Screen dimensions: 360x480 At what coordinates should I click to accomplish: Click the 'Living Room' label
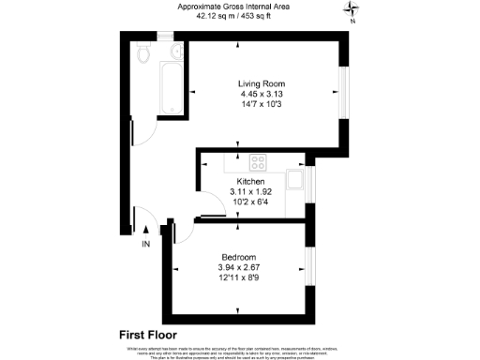click(x=254, y=83)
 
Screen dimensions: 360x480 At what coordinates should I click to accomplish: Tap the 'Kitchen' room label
click(x=250, y=181)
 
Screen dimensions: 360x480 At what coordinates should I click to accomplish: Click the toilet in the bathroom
click(x=142, y=52)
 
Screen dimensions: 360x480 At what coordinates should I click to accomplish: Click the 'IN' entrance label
click(x=145, y=245)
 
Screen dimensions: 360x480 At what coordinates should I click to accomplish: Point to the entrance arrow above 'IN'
click(x=145, y=228)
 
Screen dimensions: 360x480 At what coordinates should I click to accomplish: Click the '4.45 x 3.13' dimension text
click(x=254, y=95)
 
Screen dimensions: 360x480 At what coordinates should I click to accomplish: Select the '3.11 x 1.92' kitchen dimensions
click(x=250, y=191)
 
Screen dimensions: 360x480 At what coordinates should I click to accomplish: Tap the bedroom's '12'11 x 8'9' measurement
click(x=239, y=278)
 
